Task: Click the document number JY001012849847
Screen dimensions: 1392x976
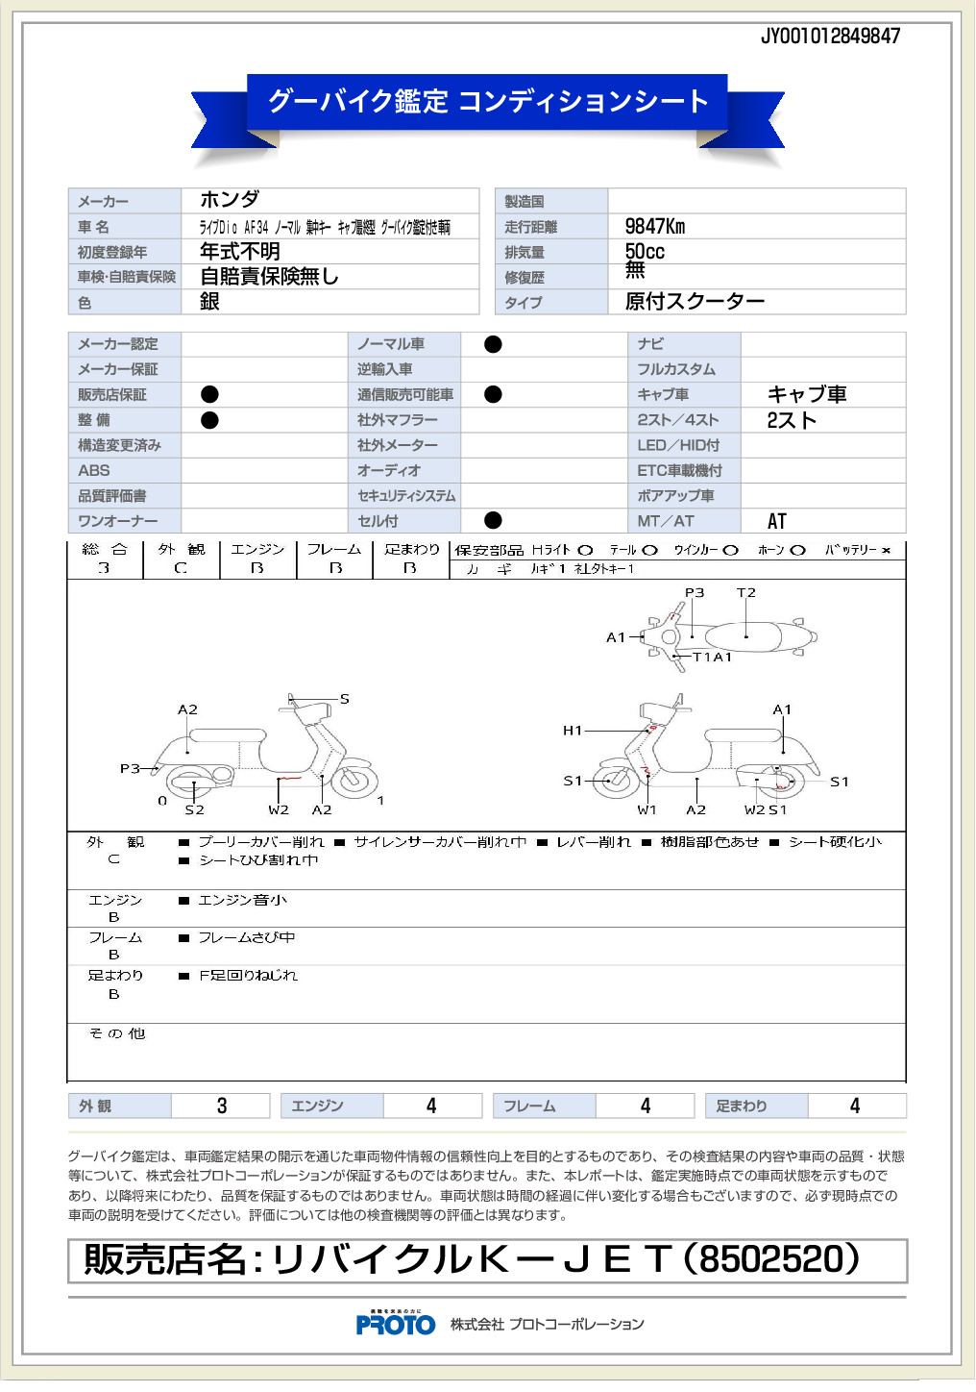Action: point(830,37)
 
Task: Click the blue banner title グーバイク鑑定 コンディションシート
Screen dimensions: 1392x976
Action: point(487,101)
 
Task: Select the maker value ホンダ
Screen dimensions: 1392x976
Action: point(230,200)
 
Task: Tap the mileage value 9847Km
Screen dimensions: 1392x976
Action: point(655,227)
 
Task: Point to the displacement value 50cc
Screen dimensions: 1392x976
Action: point(645,251)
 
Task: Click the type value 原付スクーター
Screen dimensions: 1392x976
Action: point(695,302)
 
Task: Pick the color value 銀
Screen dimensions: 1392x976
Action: point(209,302)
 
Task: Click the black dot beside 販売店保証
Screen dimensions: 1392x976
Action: point(209,394)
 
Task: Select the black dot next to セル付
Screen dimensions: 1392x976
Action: point(493,521)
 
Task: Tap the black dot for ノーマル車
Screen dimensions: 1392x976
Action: point(493,344)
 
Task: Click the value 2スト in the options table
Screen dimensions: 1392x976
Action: point(792,420)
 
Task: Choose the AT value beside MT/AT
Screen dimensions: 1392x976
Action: point(777,521)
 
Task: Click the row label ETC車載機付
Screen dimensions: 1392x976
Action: point(679,471)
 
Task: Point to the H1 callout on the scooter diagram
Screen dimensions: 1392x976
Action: point(573,731)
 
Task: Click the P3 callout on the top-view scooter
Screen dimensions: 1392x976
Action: point(694,593)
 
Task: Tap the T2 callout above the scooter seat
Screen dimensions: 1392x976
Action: point(746,593)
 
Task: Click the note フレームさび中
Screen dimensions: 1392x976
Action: point(247,937)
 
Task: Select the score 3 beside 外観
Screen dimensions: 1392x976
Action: point(222,1106)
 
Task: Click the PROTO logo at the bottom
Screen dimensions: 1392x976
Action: point(396,1325)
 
